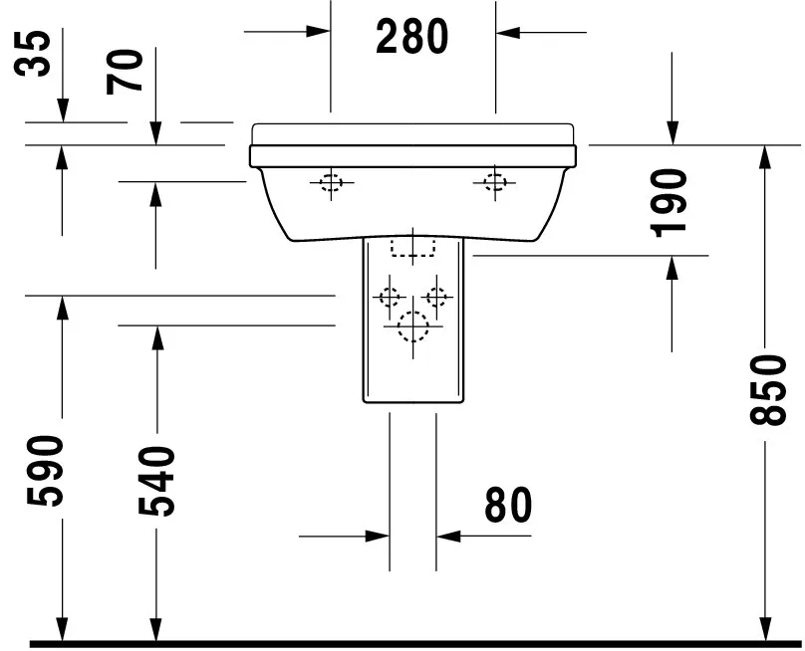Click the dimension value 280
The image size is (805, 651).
tap(412, 37)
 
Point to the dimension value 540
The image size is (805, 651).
tap(157, 482)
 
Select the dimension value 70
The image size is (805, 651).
tap(129, 72)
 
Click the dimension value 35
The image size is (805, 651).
tap(36, 54)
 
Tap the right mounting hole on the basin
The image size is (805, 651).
tap(495, 181)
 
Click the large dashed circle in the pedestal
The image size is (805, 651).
tap(411, 325)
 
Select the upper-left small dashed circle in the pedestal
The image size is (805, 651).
tap(388, 297)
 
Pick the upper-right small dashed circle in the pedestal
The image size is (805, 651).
tap(435, 296)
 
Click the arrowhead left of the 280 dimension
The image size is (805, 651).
tap(318, 32)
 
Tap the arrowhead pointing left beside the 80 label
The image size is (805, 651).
tap(447, 537)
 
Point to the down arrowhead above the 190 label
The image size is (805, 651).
tap(672, 132)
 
